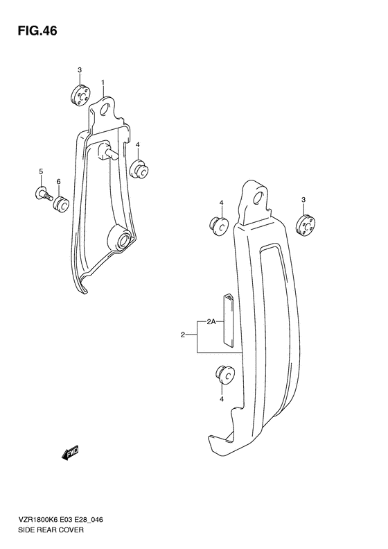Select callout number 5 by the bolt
41,171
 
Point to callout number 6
59,182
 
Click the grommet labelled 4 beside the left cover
138,169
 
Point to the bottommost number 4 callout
221,398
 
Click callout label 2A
211,321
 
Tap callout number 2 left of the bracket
183,336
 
